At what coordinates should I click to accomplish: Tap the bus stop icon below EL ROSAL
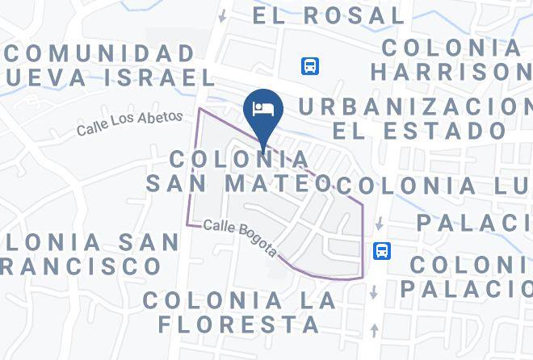click(310, 66)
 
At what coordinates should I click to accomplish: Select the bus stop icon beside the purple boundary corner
click(383, 251)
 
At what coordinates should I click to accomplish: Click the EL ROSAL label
click(328, 15)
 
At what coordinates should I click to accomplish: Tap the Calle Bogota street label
click(241, 238)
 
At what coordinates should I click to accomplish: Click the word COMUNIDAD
click(100, 54)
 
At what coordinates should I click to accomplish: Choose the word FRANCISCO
click(81, 265)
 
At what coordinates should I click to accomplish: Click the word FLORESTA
click(239, 324)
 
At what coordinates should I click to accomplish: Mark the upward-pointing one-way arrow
click(374, 329)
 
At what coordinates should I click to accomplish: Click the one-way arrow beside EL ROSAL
click(222, 15)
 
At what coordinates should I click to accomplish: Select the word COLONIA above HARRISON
click(452, 48)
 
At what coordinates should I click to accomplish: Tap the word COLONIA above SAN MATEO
click(239, 157)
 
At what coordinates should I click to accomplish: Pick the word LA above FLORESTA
click(317, 300)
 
